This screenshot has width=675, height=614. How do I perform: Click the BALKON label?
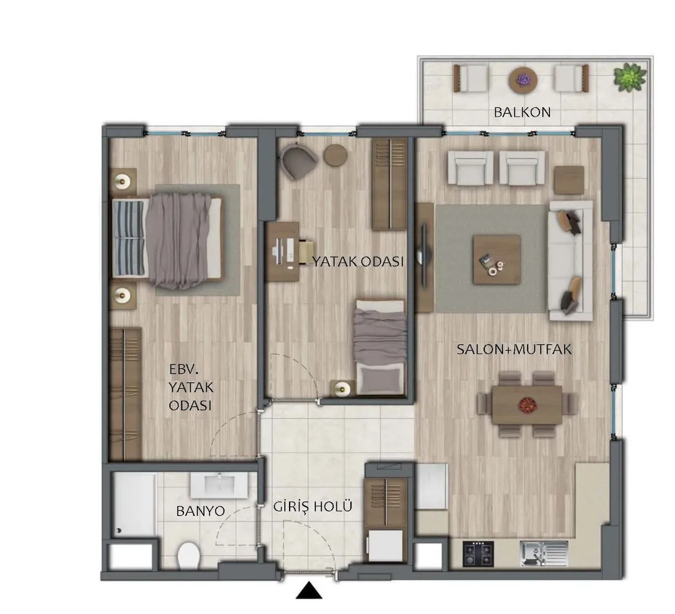coord(522,112)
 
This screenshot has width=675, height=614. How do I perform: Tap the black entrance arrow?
coord(309,591)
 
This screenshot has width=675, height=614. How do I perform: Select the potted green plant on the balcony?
coord(630,77)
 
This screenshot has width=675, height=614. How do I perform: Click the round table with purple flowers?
coord(523,80)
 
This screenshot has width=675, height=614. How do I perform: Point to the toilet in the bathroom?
coord(188,555)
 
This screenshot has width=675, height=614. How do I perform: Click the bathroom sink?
coord(220,486)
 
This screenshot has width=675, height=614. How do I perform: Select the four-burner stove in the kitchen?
coord(478,554)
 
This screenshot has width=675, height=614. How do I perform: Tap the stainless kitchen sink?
coord(544,554)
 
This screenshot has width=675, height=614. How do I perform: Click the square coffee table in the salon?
coord(496,259)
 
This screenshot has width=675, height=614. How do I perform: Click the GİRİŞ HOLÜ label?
coord(313,507)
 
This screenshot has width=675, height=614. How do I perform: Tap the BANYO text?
coord(201,511)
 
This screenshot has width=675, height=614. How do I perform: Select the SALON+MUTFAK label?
coord(514,349)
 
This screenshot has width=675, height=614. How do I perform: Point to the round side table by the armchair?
coord(335,155)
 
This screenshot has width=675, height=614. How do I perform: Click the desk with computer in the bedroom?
coord(282,252)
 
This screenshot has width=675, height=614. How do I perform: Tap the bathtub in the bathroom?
coord(133,505)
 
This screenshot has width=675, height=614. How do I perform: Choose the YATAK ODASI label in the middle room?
coord(358,262)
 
